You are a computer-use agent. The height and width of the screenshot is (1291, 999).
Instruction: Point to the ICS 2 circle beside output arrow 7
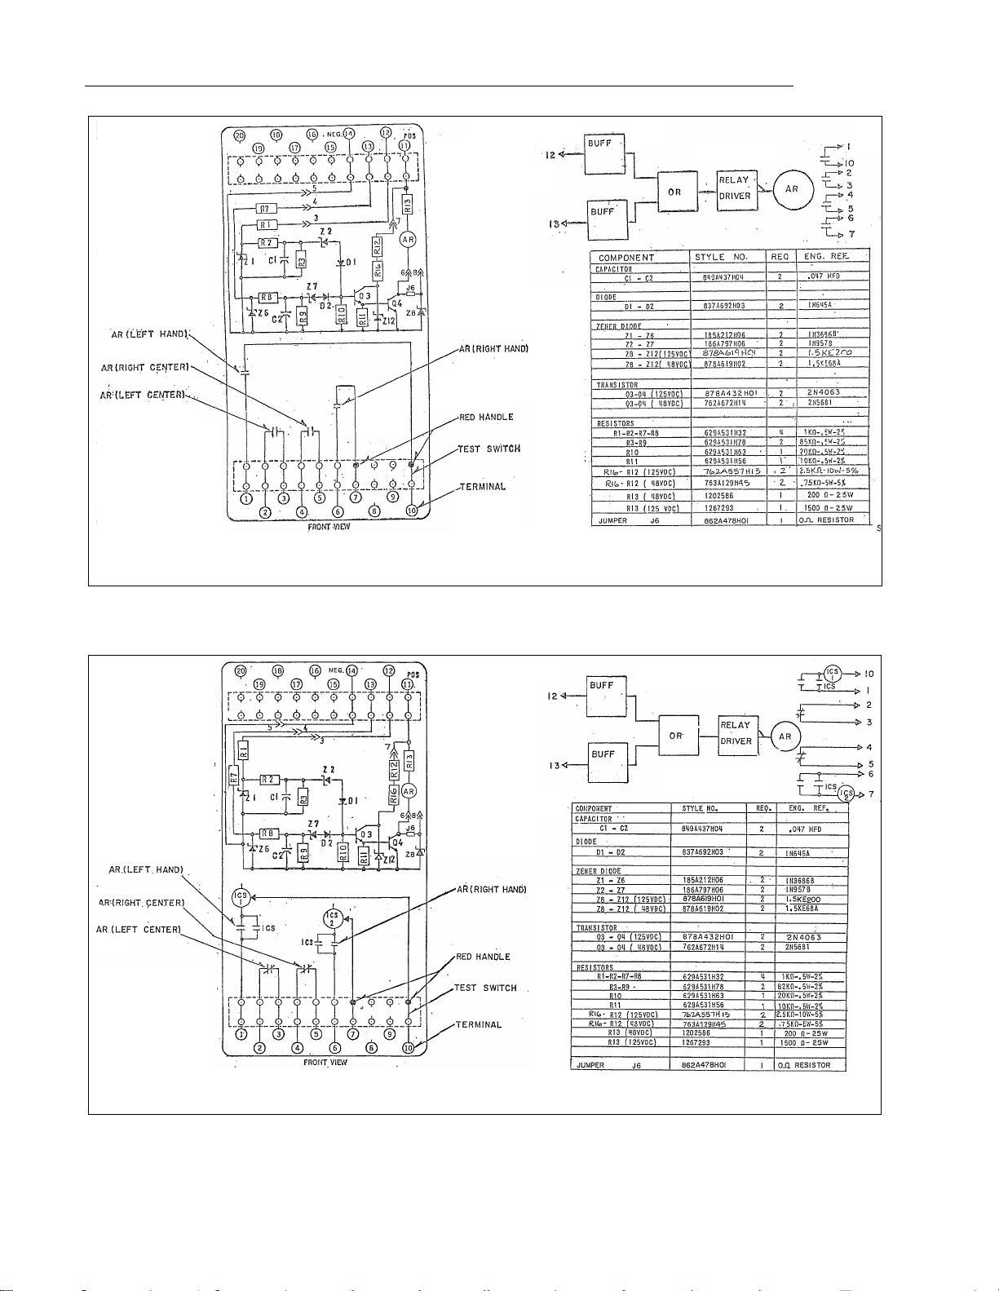click(848, 794)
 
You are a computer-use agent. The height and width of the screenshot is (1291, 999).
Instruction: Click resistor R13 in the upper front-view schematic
click(408, 205)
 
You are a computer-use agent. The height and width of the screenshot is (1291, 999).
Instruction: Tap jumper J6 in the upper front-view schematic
click(410, 288)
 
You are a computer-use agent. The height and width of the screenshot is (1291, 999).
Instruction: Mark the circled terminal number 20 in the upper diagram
click(240, 135)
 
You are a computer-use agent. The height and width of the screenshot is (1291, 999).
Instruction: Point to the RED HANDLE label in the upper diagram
click(486, 417)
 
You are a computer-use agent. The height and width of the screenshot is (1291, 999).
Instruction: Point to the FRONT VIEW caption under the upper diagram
click(332, 527)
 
